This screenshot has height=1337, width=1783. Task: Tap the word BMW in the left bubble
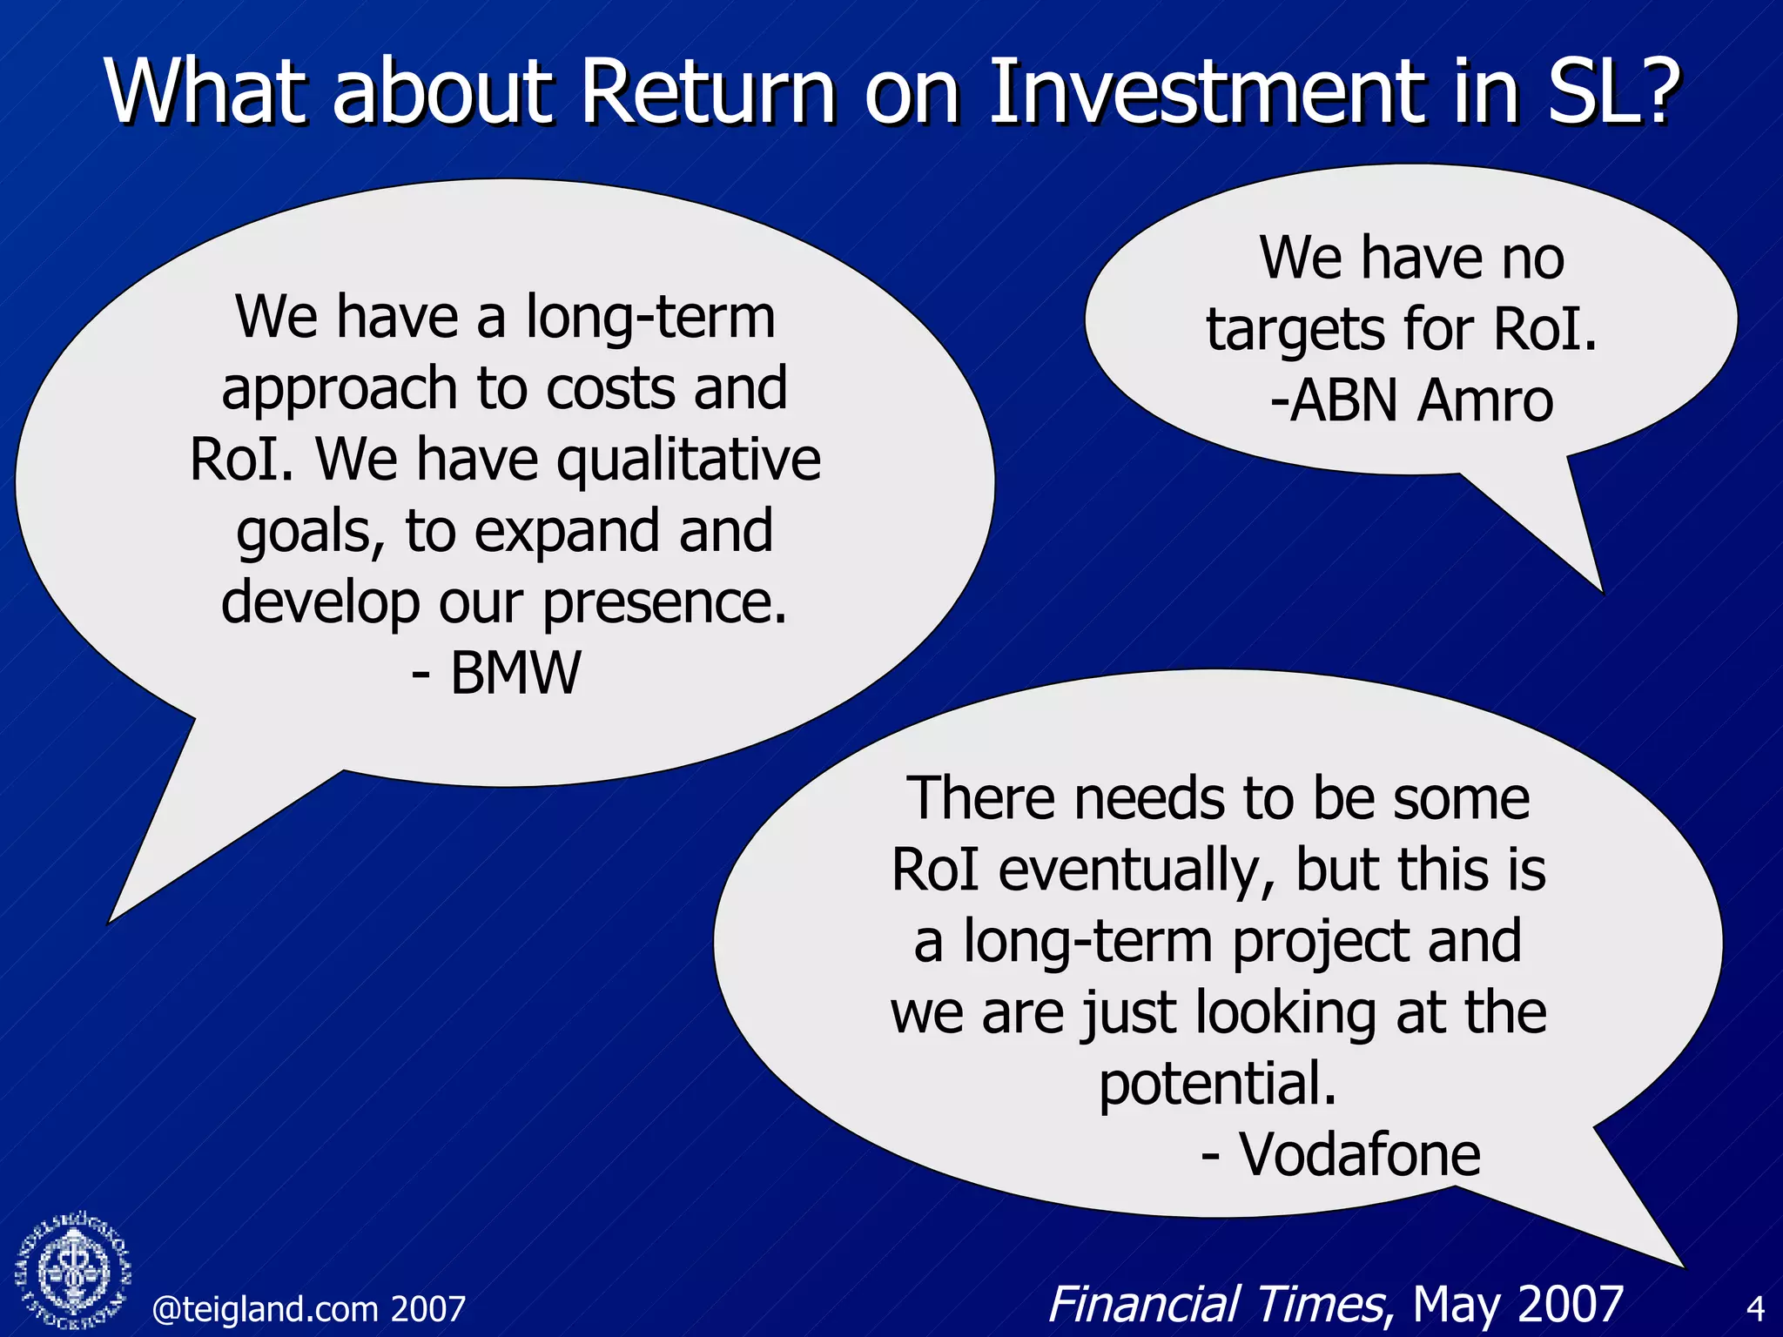[515, 673]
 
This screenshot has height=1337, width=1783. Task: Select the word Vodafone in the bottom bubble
[1360, 1154]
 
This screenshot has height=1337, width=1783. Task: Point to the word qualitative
[689, 460]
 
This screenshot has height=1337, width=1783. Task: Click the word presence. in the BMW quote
[665, 602]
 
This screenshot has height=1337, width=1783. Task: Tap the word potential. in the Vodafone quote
[1217, 1084]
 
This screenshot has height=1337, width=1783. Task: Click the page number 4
[1755, 1309]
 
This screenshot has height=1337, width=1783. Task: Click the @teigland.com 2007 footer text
[308, 1309]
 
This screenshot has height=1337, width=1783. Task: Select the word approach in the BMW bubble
[340, 388]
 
